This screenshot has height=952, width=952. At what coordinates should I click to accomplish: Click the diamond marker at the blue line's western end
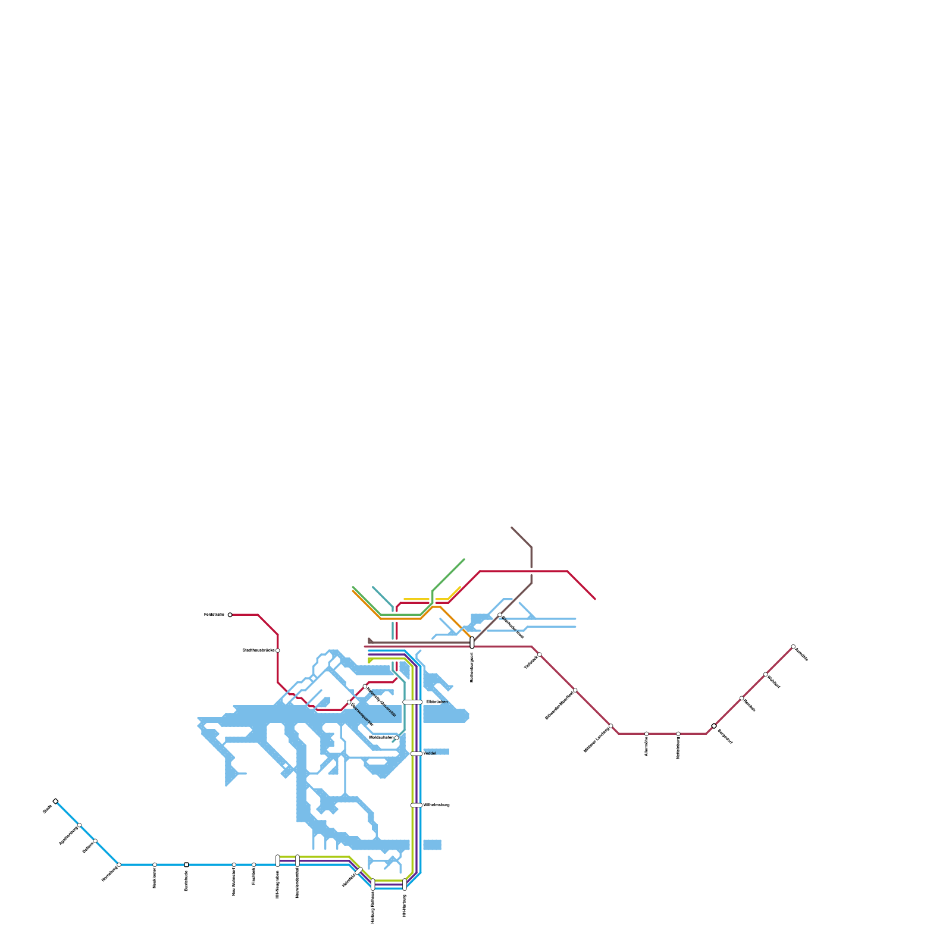55,801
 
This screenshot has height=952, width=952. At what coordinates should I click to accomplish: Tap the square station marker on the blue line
186,865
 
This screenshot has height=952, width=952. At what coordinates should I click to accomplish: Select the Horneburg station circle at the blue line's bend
119,865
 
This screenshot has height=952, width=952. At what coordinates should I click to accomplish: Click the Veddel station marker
416,754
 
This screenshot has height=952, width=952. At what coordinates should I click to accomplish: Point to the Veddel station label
430,754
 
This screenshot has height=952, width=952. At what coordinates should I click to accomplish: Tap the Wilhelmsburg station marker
416,805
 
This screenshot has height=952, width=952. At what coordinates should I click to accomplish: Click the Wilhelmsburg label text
437,805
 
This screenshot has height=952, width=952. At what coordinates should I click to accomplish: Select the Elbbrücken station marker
412,702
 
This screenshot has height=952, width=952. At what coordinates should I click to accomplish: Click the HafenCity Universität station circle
365,686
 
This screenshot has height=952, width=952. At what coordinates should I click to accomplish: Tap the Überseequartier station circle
349,702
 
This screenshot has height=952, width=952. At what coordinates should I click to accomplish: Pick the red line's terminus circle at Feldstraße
230,615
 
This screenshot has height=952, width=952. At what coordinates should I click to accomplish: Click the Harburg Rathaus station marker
373,884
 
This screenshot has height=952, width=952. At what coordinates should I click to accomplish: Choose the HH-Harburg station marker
405,884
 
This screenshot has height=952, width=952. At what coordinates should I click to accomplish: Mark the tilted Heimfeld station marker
359,871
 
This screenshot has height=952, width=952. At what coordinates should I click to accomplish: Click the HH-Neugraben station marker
278,860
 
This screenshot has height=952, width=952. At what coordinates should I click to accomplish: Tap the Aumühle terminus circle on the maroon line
793,647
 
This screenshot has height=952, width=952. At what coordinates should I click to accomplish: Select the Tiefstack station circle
539,654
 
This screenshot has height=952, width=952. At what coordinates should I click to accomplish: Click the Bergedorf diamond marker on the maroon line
714,726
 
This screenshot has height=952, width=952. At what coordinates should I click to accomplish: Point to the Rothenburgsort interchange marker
472,643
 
